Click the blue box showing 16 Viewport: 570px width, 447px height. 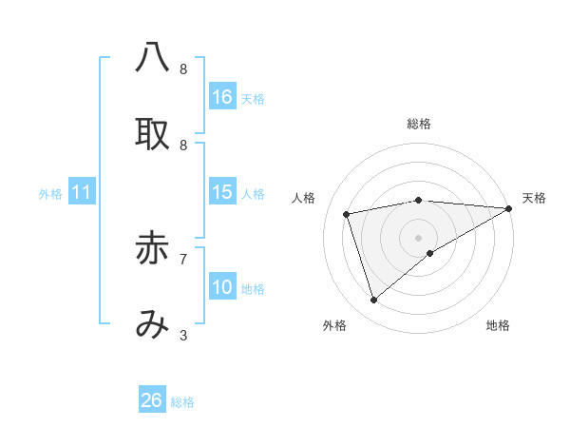pyautogui.click(x=222, y=97)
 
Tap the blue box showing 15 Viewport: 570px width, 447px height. pyautogui.click(x=222, y=192)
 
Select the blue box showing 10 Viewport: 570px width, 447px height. pyautogui.click(x=222, y=287)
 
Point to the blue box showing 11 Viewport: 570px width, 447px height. pyautogui.click(x=82, y=193)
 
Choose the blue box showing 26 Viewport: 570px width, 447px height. pyautogui.click(x=152, y=400)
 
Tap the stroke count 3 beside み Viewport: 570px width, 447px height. pyautogui.click(x=183, y=335)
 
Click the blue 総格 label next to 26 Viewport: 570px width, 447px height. pyautogui.click(x=182, y=402)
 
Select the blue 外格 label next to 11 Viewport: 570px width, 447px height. pyautogui.click(x=50, y=194)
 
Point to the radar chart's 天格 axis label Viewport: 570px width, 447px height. pyautogui.click(x=534, y=198)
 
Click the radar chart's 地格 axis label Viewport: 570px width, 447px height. pyautogui.click(x=498, y=325)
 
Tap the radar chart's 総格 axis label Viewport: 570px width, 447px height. pyautogui.click(x=419, y=124)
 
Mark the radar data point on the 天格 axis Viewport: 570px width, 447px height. pyautogui.click(x=509, y=207)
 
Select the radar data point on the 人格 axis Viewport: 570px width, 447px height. pyautogui.click(x=348, y=213)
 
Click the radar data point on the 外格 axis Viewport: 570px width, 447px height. pyautogui.click(x=373, y=301)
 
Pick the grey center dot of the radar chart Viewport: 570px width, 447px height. pyautogui.click(x=419, y=237)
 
